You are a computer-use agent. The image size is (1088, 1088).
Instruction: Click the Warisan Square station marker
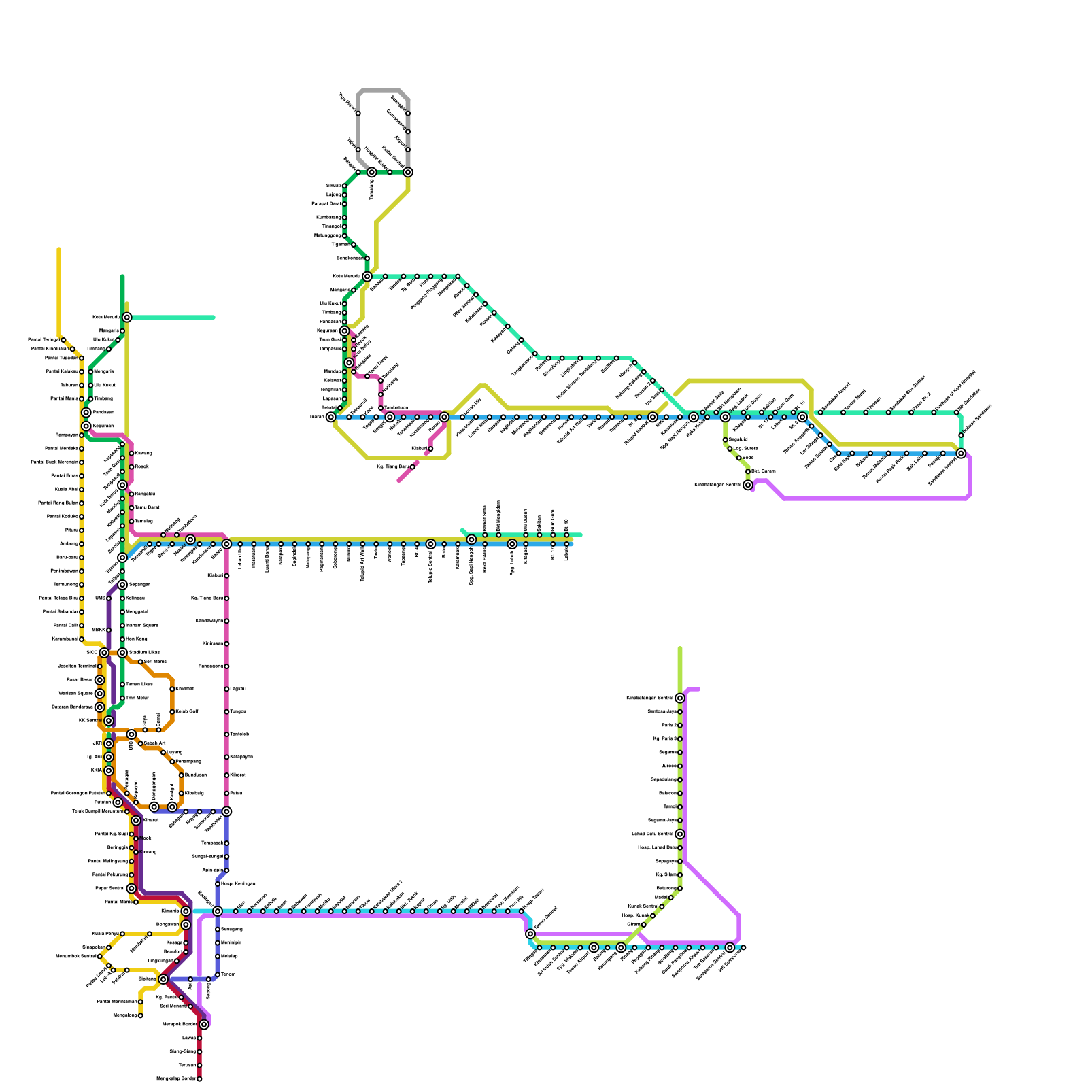coord(99,694)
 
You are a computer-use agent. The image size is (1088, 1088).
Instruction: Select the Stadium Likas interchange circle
coord(122,653)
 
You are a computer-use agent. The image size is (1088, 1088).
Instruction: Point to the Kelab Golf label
coord(187,712)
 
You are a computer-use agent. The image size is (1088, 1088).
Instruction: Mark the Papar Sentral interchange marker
coord(131,889)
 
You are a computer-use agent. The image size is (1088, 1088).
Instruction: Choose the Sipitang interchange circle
coord(163,979)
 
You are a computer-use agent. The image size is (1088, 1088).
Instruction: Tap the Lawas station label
coord(189,1038)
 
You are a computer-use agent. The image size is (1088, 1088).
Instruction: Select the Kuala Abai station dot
coord(82,490)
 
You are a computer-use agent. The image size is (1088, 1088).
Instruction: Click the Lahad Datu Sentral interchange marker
coord(680,834)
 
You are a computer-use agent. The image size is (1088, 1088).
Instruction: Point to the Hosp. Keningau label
coord(238,884)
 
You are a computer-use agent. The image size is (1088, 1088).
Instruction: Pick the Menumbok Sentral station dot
coord(100,957)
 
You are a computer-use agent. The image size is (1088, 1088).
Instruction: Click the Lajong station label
coord(334,195)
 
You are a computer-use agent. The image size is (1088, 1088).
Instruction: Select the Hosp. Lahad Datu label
coord(657,848)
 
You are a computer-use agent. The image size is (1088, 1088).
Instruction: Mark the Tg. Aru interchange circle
coord(109,757)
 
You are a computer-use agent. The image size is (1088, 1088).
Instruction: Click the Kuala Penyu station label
coord(105,934)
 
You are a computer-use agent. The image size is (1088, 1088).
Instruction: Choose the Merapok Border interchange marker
coord(204,1025)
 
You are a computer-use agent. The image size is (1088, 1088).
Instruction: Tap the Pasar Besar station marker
coord(99,680)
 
